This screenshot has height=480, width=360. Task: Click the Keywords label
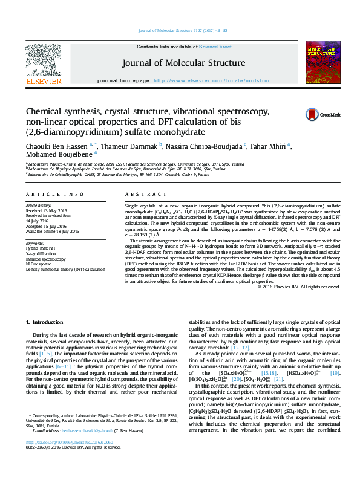point(35,242)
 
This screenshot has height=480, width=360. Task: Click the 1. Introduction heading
point(48,323)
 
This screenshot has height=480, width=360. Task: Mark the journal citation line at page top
point(180,30)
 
